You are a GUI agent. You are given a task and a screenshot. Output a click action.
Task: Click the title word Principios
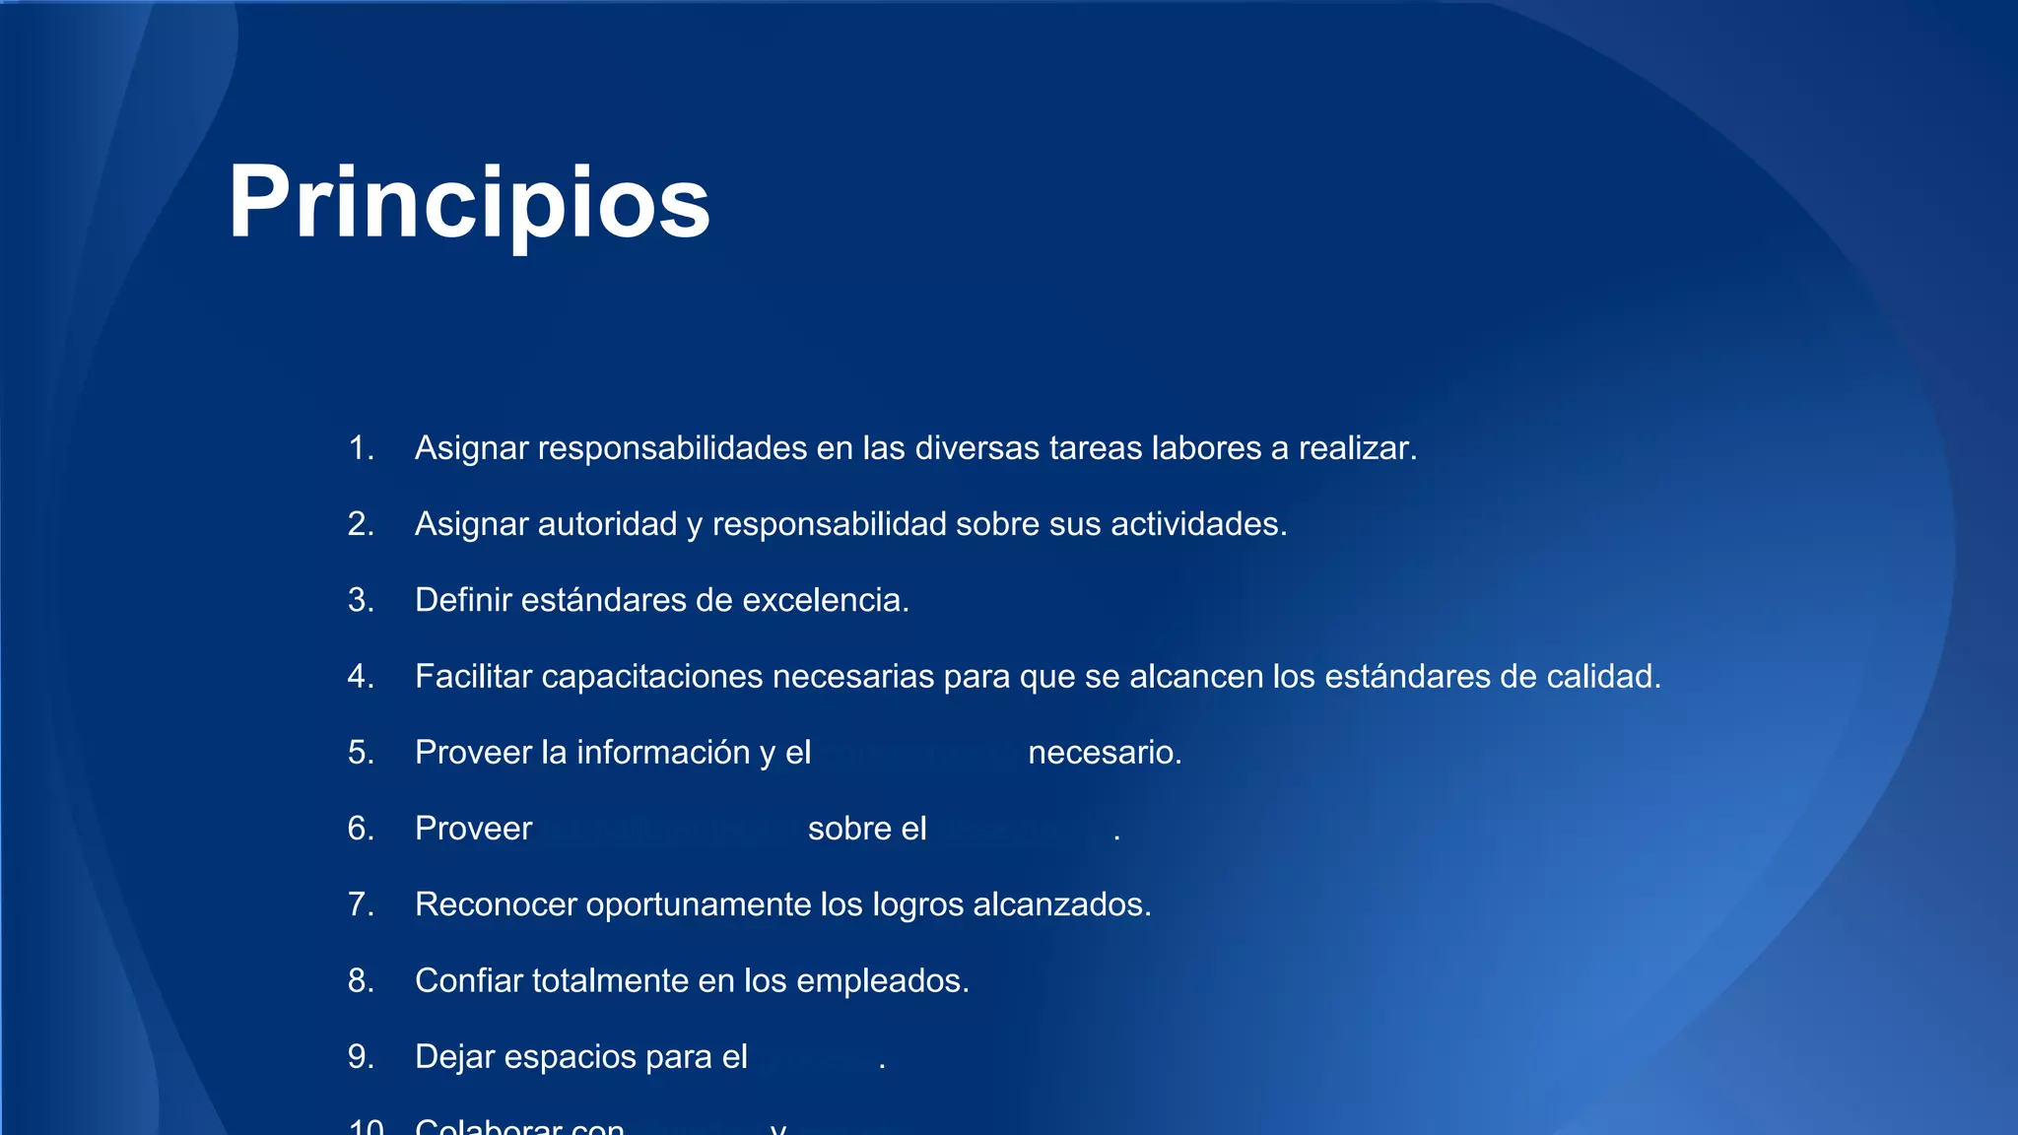468,203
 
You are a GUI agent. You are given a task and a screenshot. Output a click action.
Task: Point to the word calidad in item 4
1603,677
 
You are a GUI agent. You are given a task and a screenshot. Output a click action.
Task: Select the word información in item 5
663,753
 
